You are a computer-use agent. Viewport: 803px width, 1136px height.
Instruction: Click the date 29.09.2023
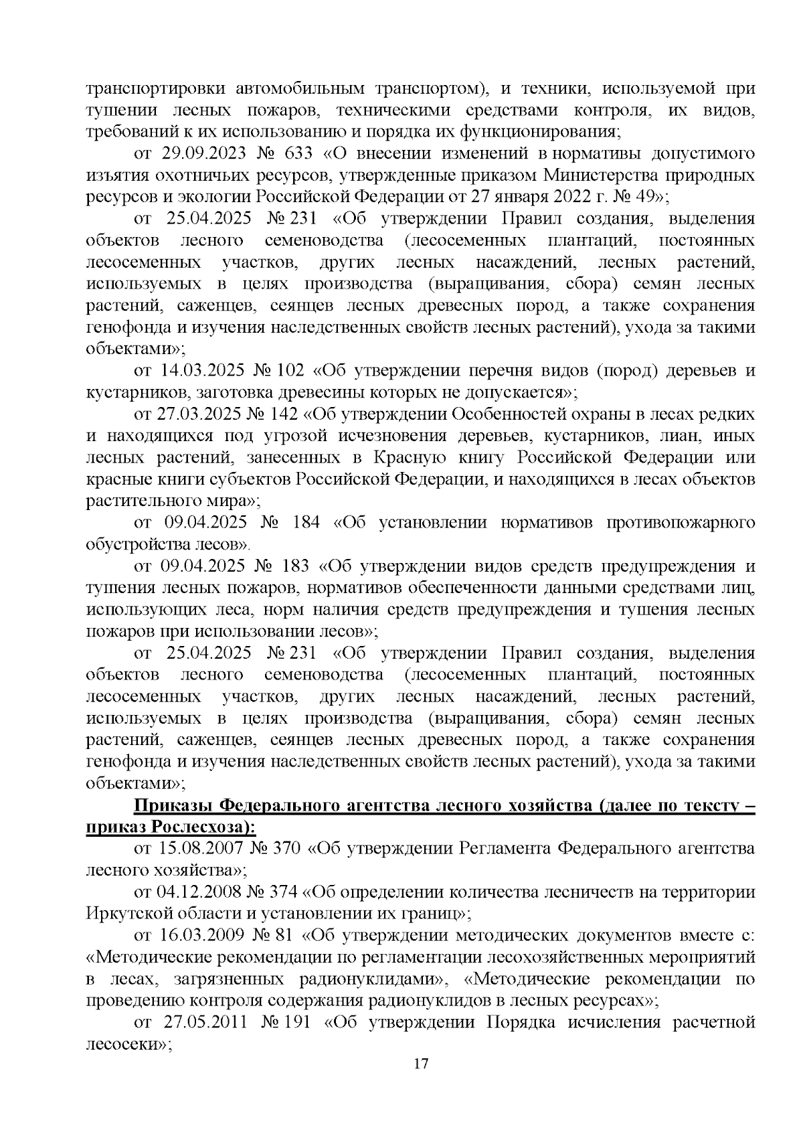(203, 153)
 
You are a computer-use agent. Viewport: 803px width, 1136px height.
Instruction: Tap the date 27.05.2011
(205, 1023)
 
